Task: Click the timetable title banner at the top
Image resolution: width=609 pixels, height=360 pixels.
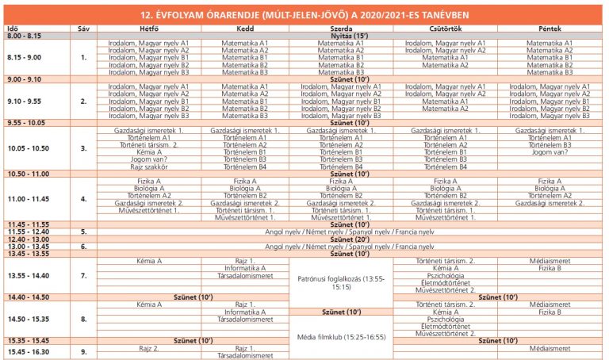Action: tap(304, 13)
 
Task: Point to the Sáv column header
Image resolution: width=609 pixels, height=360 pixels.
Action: tap(83, 29)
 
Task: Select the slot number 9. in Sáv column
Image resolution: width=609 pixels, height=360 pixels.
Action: tap(83, 350)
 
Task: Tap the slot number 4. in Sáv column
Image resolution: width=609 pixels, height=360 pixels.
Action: tap(83, 198)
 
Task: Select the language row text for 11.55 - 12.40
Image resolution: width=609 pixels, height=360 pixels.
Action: tap(349, 232)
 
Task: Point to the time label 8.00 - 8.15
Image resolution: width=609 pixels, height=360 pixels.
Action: tap(24, 36)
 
